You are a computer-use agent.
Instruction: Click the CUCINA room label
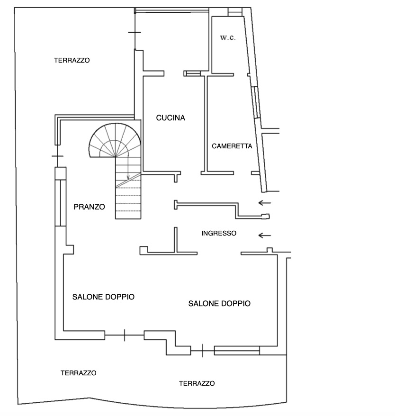click(x=171, y=118)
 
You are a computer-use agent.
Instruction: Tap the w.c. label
click(x=228, y=37)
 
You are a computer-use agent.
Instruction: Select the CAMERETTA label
click(x=232, y=146)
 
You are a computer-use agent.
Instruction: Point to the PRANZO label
click(x=89, y=207)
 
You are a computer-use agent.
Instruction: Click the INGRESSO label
click(x=219, y=233)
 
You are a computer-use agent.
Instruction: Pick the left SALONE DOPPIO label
click(x=103, y=297)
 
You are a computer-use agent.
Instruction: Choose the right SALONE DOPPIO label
click(x=219, y=303)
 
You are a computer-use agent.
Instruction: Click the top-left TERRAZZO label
click(x=72, y=60)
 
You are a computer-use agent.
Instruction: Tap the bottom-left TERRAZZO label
click(x=79, y=373)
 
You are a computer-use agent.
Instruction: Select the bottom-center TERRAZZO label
click(x=197, y=383)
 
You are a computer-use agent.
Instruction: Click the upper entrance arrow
click(x=265, y=203)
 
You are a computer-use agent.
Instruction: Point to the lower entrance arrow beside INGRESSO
click(x=265, y=235)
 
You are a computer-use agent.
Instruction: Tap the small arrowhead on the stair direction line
click(x=128, y=178)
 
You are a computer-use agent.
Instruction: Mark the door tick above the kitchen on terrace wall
click(x=135, y=32)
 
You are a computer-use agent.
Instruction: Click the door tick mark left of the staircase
click(x=58, y=156)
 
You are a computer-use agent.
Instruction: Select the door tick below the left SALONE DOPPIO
click(x=125, y=335)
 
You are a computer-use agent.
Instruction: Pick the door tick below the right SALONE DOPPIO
click(x=203, y=351)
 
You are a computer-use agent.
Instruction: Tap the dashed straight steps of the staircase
click(x=128, y=199)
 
